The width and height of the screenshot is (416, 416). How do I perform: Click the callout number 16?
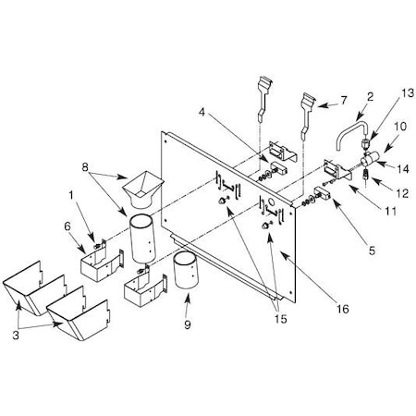coord(343,309)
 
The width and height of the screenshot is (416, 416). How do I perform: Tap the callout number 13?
coord(408,92)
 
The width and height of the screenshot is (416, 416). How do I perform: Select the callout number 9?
coord(188,324)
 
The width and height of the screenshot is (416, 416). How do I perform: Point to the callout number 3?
coord(16,335)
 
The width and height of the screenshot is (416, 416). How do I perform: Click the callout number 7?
coord(344,100)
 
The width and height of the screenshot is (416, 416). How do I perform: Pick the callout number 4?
coord(202,112)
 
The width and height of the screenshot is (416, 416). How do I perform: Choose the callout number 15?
coord(281,319)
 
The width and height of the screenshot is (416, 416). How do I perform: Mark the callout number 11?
coord(391,211)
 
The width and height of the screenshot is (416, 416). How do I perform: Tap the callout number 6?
coord(67,226)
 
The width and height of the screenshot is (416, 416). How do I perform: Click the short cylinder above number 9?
coord(186,270)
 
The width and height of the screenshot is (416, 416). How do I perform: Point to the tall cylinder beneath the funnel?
coord(142,239)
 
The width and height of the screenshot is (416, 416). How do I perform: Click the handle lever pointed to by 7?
coord(307,116)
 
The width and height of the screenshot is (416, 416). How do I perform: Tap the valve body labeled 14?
coord(369,158)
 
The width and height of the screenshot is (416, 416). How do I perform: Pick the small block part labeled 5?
coord(322,193)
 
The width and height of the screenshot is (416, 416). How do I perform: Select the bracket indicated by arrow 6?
coord(103,263)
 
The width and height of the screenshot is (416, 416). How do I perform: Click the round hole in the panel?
coord(272,202)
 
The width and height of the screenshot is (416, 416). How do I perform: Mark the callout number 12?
coord(403,193)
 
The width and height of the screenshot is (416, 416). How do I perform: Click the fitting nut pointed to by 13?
coord(364,143)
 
